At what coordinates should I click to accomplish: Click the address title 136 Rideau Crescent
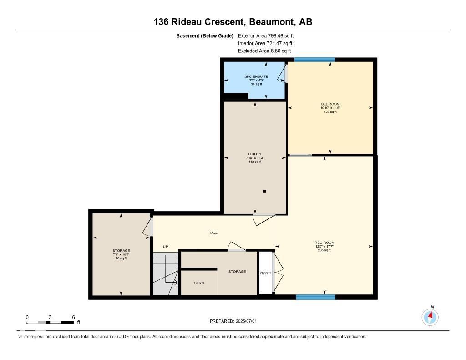click(x=233, y=22)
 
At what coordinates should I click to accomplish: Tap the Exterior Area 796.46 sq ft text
click(x=269, y=35)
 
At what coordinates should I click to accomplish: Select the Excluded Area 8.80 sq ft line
click(x=264, y=51)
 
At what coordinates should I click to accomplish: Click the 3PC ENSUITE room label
click(x=254, y=76)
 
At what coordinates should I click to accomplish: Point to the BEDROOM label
click(x=330, y=104)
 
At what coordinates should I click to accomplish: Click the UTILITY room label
click(x=254, y=154)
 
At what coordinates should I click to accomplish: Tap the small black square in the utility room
click(x=264, y=191)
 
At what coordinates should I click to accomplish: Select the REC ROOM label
click(x=324, y=243)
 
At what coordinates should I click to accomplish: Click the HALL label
click(x=213, y=233)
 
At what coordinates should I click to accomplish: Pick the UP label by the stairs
click(x=166, y=247)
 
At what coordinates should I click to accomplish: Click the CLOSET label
click(x=265, y=273)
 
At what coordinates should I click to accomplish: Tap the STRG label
click(x=199, y=283)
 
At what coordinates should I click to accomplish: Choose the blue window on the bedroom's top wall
click(x=314, y=60)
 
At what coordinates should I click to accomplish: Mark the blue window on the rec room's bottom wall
click(x=315, y=297)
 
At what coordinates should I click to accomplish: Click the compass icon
click(x=430, y=317)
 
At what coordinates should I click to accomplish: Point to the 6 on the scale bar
click(x=73, y=317)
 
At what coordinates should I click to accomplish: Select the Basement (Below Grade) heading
click(x=204, y=35)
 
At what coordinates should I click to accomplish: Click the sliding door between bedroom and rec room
click(x=300, y=155)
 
